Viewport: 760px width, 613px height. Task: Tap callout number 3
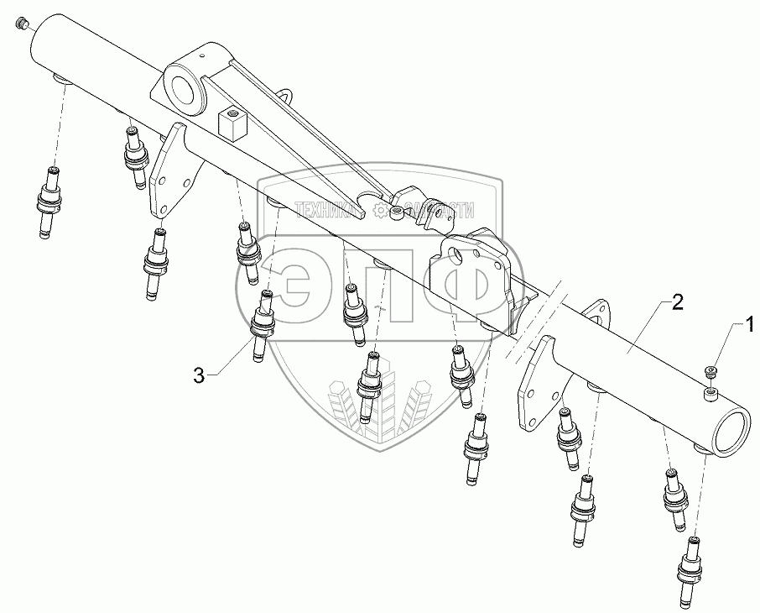[199, 377]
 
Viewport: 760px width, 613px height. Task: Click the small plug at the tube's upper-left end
[23, 26]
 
